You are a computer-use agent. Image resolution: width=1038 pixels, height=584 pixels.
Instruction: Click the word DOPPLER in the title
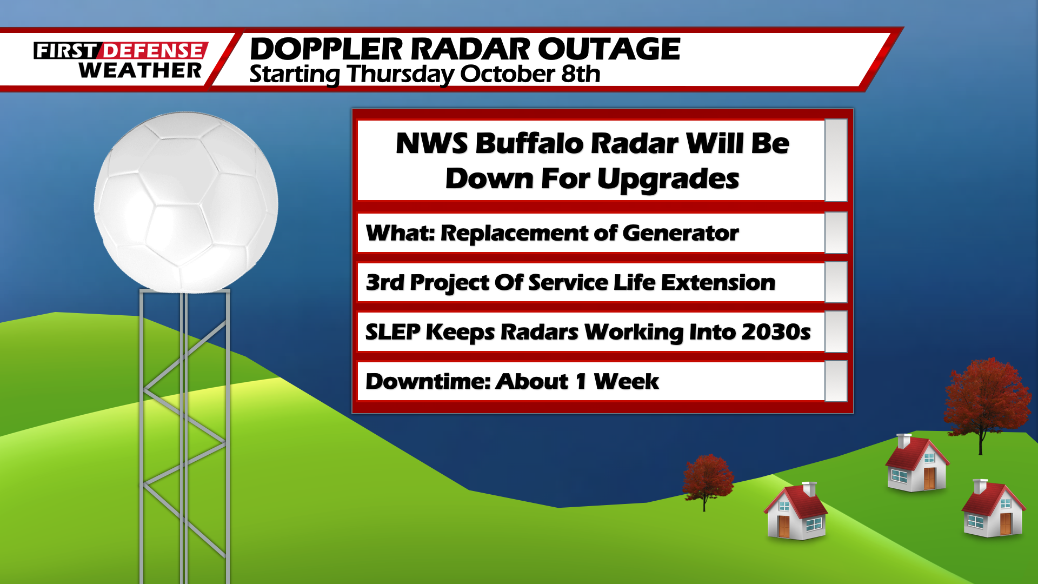click(x=326, y=49)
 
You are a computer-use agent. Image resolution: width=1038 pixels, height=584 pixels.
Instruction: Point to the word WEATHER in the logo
click(x=139, y=70)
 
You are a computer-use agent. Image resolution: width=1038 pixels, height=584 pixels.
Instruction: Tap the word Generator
click(x=680, y=233)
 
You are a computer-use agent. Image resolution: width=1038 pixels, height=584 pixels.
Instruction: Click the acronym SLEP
click(x=392, y=332)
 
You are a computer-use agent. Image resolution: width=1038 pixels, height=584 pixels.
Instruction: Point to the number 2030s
click(x=776, y=332)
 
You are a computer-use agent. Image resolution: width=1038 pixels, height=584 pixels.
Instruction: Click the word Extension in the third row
click(x=718, y=282)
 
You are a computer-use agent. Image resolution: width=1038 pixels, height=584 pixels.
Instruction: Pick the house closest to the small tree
click(x=796, y=512)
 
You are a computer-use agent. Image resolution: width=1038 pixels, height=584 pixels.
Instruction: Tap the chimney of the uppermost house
click(x=904, y=440)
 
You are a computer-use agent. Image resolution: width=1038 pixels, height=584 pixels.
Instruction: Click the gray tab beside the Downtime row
click(x=836, y=381)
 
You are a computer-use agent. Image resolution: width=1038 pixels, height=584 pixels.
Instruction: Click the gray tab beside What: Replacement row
click(x=836, y=233)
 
